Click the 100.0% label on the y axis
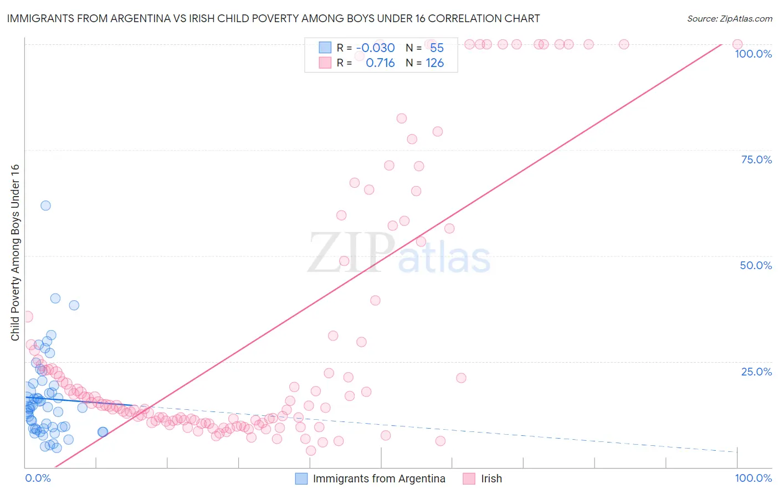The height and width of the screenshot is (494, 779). tap(753, 54)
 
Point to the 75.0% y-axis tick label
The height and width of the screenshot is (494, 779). tap(756, 159)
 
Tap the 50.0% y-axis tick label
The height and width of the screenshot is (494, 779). tap(756, 265)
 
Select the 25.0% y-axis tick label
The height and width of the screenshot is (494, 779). tap(756, 372)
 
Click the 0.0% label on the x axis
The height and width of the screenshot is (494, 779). tap(38, 478)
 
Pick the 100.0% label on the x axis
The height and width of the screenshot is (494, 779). tap(753, 478)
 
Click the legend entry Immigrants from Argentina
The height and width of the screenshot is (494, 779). tap(379, 478)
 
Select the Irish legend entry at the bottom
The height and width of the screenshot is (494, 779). tap(491, 478)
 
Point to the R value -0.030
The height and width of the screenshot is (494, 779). tap(375, 48)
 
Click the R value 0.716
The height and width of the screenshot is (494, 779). tap(380, 63)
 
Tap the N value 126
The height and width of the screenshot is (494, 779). tap(434, 63)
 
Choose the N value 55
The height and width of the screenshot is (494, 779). tap(437, 48)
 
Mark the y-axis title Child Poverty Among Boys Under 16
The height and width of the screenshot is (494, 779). tap(15, 253)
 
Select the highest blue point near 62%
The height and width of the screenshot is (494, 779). tap(45, 205)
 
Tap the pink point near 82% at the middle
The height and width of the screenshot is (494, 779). tap(402, 119)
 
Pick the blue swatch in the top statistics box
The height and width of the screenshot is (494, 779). tap(325, 48)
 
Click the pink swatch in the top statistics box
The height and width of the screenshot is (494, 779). tap(325, 63)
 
